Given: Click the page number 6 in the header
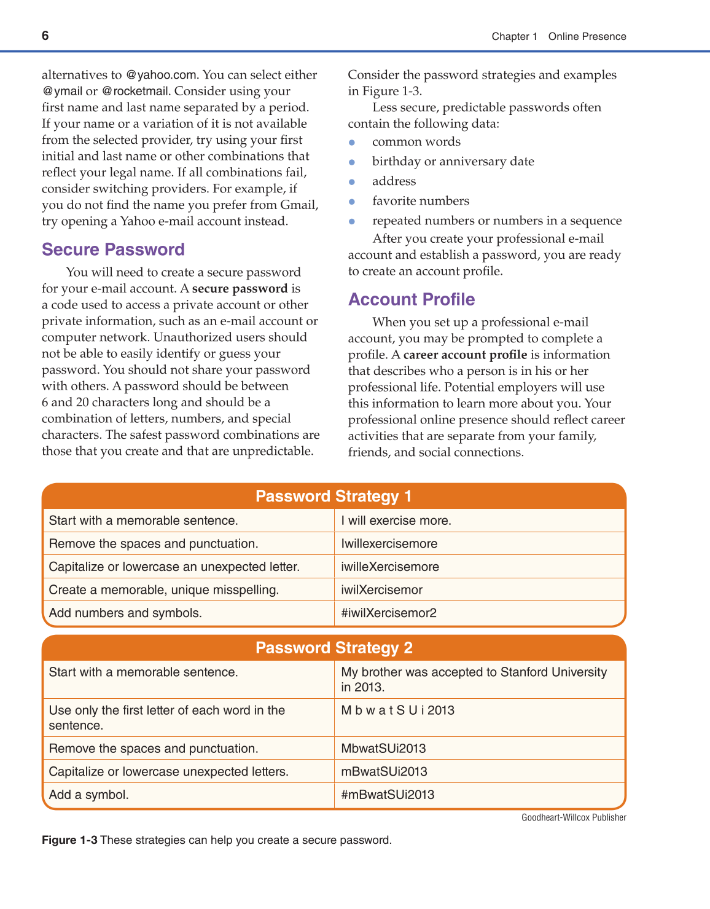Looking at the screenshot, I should [45, 36].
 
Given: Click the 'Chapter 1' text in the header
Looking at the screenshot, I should [514, 36].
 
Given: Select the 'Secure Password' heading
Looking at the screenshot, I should [113, 250].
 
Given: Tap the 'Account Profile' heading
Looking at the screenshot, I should [412, 299].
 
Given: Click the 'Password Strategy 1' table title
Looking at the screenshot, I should [334, 496].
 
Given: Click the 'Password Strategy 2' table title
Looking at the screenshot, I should [334, 648].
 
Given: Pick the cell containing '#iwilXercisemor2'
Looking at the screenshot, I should [389, 613].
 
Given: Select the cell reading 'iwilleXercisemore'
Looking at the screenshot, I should [390, 567].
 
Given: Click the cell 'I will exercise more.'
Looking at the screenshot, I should [396, 521].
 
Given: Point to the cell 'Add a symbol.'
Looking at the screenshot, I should [89, 795].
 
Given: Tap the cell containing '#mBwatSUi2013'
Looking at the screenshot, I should [388, 795].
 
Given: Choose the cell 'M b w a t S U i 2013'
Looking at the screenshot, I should [397, 710].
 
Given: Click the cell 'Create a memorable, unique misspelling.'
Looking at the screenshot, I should [164, 590].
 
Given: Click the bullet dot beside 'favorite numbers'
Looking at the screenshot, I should [352, 202].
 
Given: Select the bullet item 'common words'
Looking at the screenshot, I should [416, 141].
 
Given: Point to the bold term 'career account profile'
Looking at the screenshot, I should [465, 355].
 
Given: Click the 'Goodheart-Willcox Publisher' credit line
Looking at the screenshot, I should [574, 817].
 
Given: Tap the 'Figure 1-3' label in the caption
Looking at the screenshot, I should [69, 840].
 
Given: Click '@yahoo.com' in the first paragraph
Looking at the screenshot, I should [161, 75].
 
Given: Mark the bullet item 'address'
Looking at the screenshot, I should [394, 181].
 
